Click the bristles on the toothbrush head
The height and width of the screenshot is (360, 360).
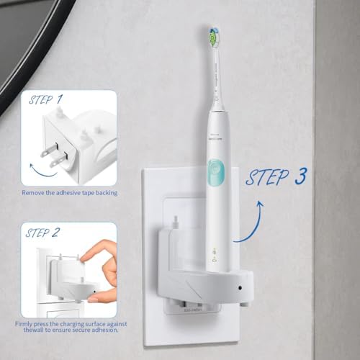pos(214,32)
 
